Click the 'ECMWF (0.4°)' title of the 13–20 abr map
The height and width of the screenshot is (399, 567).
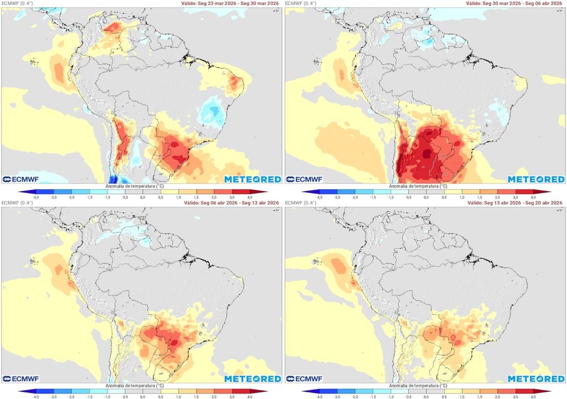point(301,203)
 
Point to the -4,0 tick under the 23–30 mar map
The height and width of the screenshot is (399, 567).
point(36,197)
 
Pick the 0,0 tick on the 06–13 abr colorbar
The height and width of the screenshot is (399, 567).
point(142,396)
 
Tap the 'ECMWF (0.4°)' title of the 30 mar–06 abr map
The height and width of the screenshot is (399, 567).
point(301,3)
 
